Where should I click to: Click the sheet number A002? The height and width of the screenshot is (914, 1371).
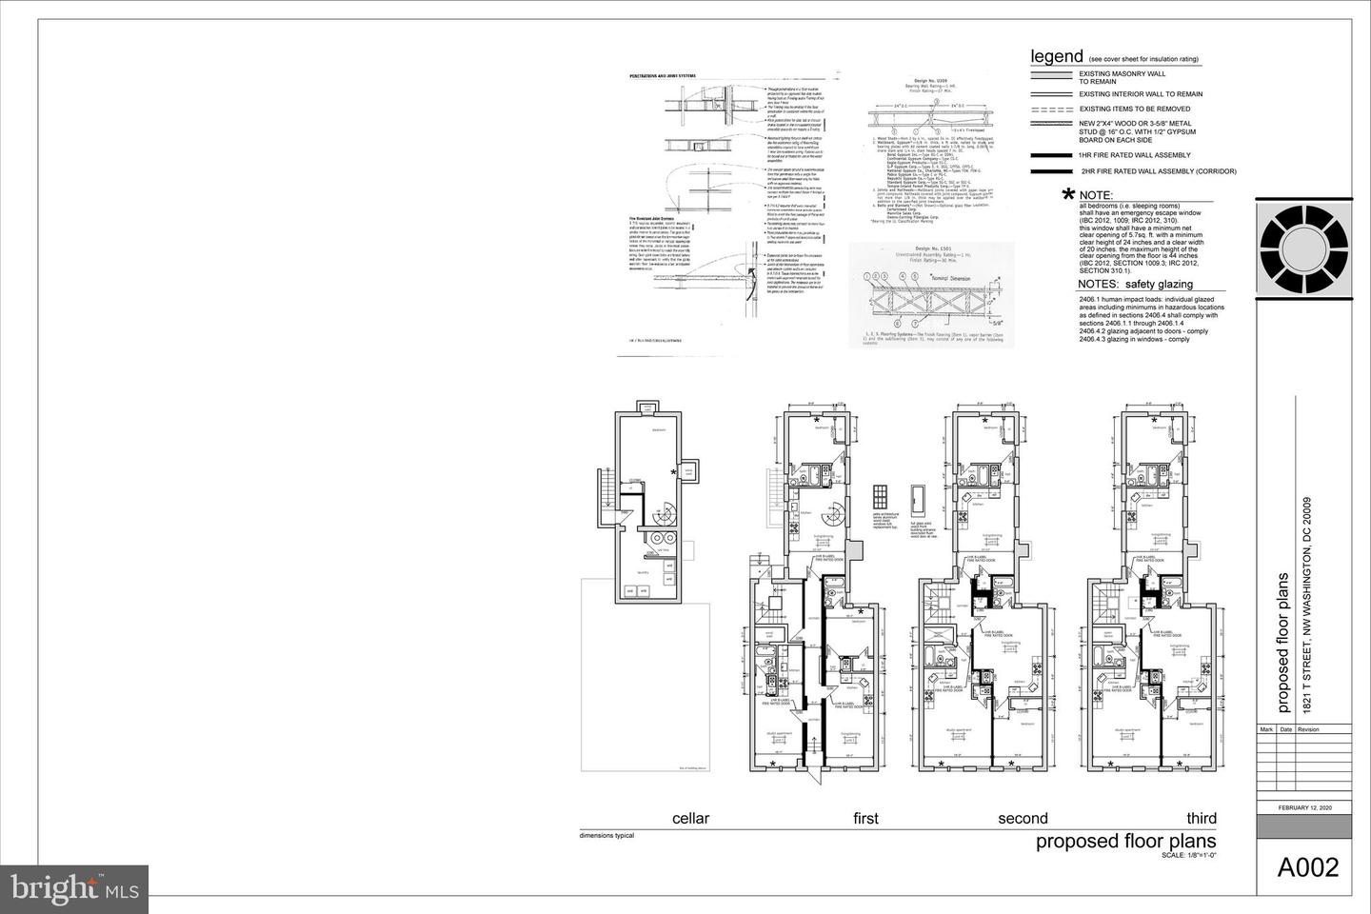click(1307, 867)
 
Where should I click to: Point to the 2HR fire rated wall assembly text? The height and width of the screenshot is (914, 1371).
click(1157, 171)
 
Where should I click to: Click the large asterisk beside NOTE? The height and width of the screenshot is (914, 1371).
click(1069, 197)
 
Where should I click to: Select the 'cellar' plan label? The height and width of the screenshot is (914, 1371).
click(690, 818)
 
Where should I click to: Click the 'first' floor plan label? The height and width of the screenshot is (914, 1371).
click(865, 818)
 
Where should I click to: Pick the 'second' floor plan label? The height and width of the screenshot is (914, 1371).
click(1023, 818)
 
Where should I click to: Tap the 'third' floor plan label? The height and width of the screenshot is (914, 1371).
click(1201, 818)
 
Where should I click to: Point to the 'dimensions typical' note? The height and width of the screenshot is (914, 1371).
click(606, 836)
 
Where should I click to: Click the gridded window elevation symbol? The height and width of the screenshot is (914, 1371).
click(880, 498)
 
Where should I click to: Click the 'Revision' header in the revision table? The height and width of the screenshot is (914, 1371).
click(1308, 729)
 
